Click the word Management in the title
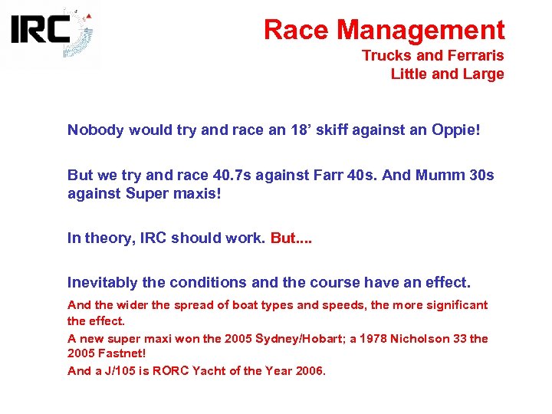(421, 30)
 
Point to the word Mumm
(436, 176)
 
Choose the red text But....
(291, 238)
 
